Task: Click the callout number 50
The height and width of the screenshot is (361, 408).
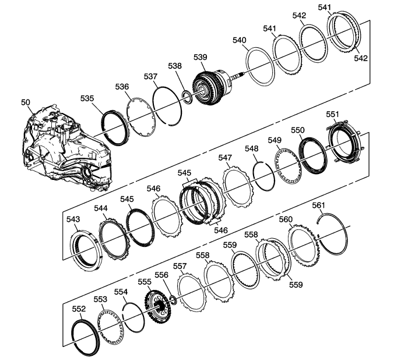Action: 26,102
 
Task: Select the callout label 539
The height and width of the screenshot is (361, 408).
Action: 201,57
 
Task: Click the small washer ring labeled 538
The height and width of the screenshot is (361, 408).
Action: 187,97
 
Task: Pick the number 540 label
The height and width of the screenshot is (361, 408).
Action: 239,40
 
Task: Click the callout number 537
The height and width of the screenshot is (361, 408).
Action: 150,76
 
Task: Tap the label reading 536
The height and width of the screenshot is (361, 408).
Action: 122,87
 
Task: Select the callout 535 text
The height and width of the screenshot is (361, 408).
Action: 87,98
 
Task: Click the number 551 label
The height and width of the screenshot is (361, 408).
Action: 333,114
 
